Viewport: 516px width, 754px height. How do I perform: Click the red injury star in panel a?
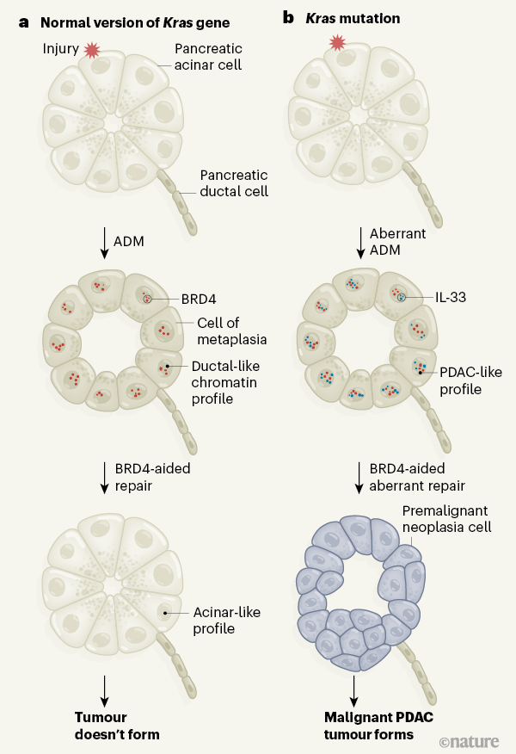point(92,50)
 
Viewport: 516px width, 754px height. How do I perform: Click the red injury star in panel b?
point(337,42)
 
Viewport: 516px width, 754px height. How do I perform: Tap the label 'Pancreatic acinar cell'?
point(208,57)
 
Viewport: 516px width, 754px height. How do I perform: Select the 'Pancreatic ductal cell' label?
point(234,182)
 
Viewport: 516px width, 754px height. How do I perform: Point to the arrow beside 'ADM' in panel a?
point(105,242)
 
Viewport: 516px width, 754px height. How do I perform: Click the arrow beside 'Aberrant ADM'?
point(358,242)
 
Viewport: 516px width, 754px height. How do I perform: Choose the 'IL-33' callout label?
point(449,296)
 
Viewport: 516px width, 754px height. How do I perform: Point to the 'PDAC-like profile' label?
point(470,380)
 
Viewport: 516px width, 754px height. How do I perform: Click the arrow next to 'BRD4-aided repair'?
point(105,477)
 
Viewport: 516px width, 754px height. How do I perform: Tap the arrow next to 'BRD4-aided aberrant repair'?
point(358,477)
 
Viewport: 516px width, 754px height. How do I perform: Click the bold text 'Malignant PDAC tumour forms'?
point(368,726)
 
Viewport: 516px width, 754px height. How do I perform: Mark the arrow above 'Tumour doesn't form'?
point(105,688)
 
